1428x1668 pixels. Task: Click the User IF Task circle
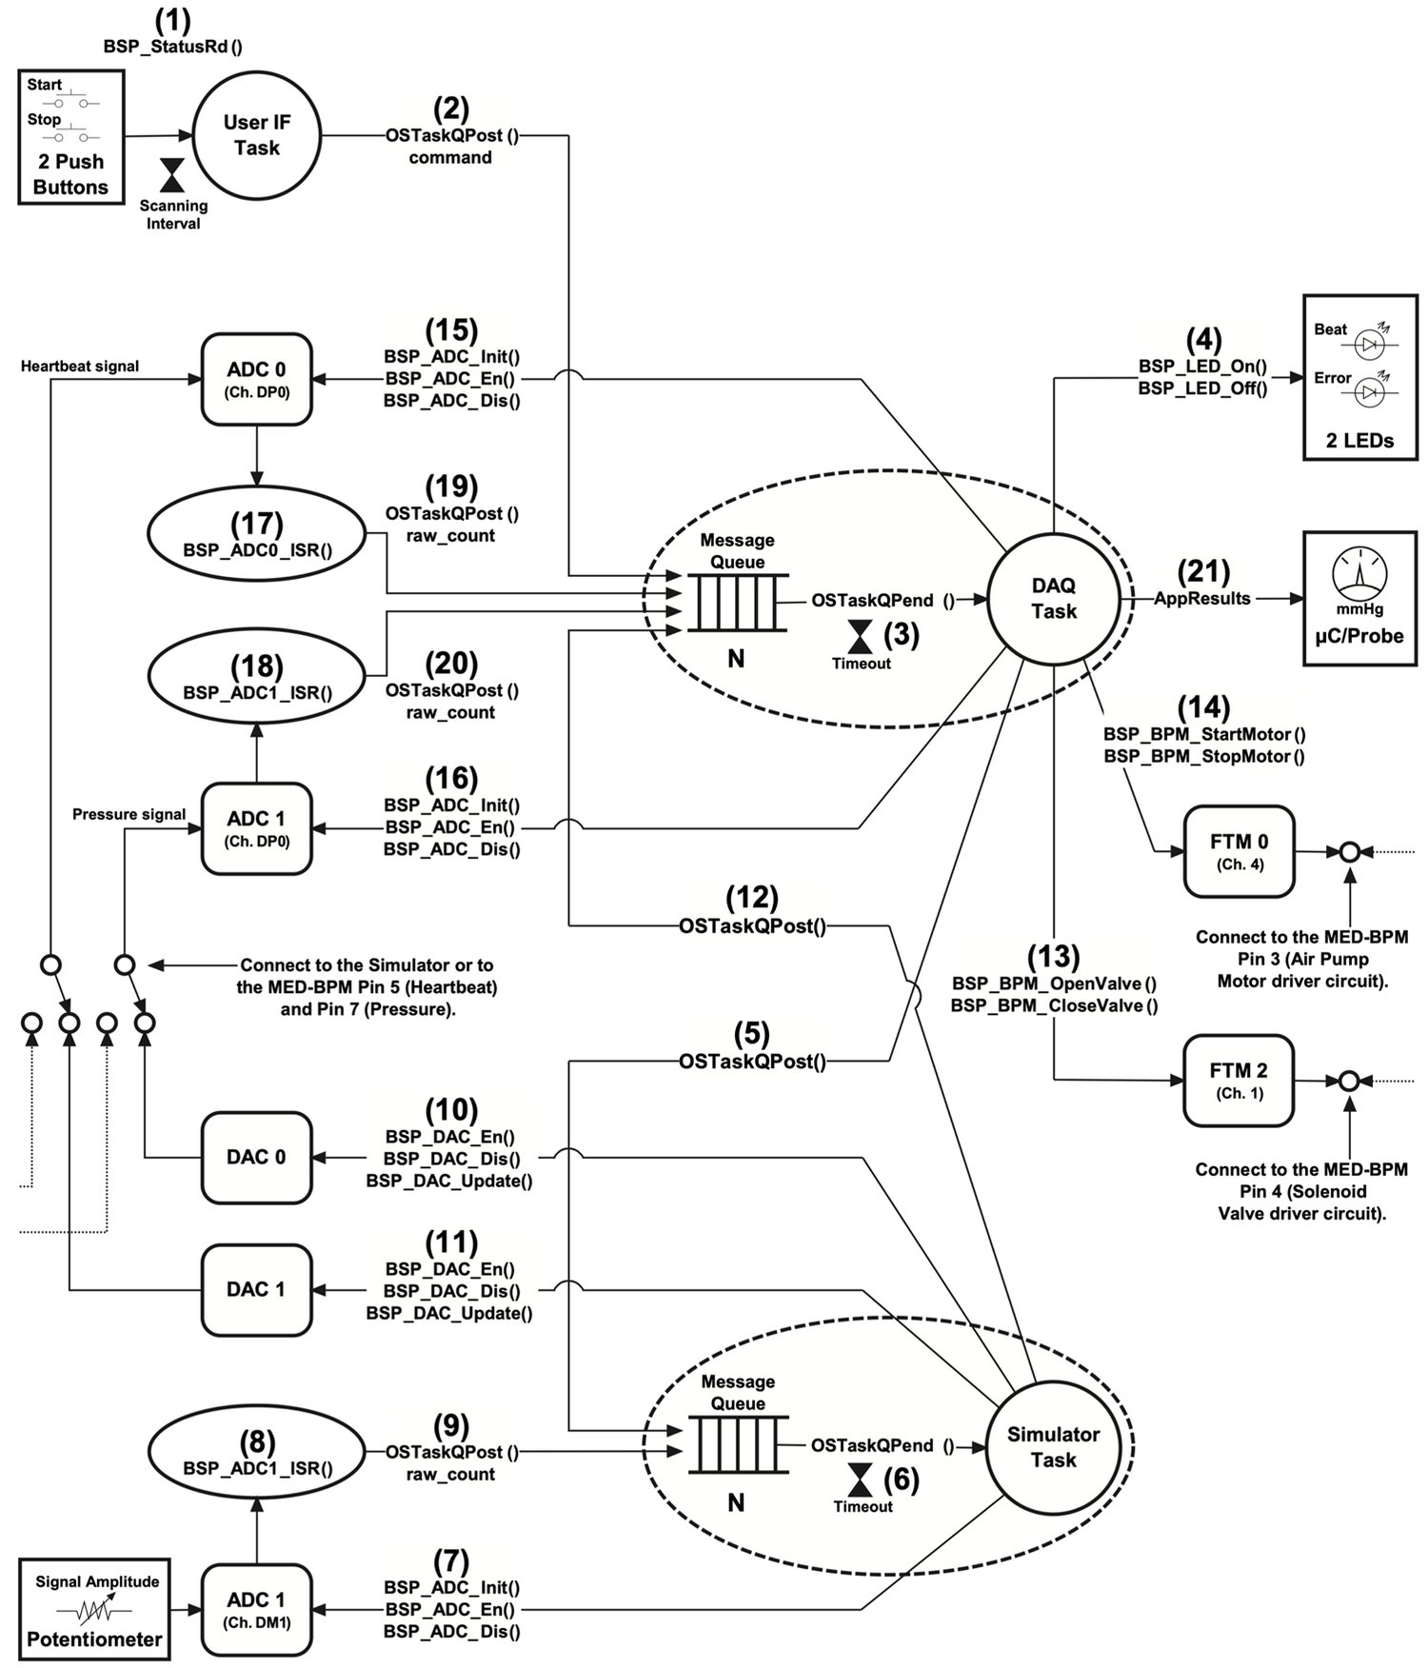[x=256, y=135]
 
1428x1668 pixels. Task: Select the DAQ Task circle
[x=1053, y=598]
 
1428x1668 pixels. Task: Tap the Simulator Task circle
[x=1053, y=1446]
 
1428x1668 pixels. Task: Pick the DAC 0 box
[x=256, y=1157]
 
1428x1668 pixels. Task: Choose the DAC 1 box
[x=256, y=1289]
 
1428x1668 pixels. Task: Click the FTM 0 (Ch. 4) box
[x=1239, y=851]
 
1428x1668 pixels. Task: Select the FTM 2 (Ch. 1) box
[x=1239, y=1080]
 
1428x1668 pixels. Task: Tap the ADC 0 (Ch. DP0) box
[x=256, y=379]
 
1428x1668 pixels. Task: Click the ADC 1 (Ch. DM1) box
[x=256, y=1608]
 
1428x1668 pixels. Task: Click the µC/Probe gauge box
[x=1359, y=598]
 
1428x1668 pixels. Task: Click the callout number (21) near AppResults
[x=1202, y=571]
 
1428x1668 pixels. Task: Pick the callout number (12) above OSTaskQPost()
[x=752, y=898]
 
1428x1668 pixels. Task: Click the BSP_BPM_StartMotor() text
[x=1203, y=734]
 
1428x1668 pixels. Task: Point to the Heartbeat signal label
[x=80, y=367]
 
